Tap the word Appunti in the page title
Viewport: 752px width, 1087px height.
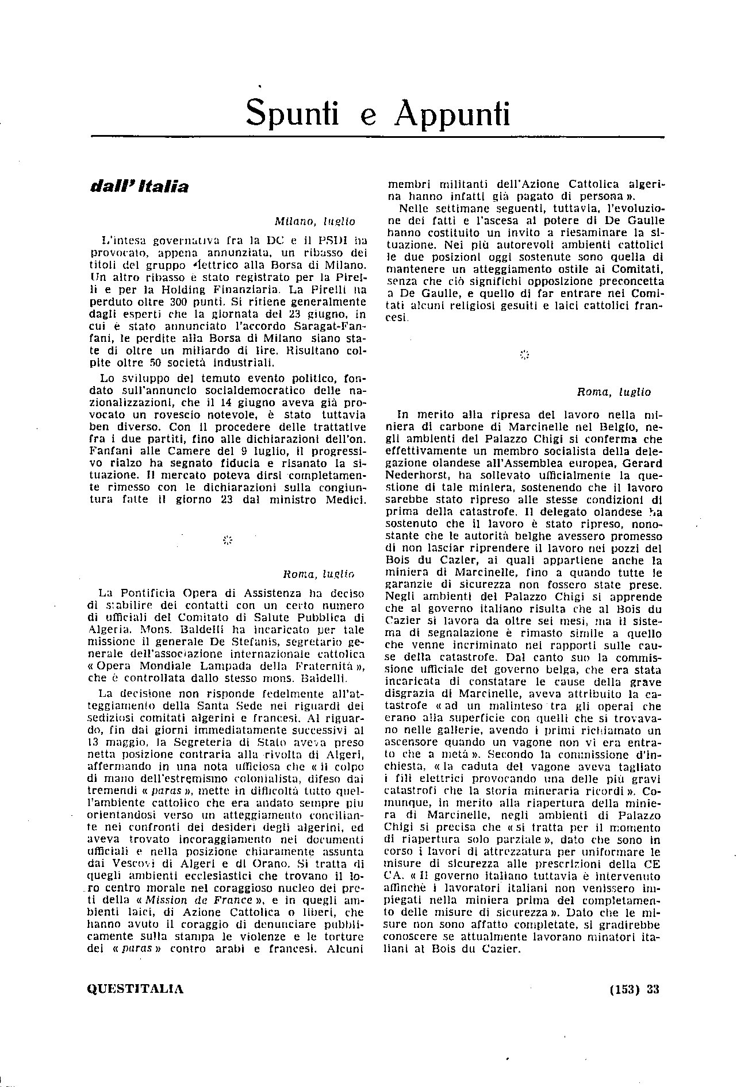point(452,113)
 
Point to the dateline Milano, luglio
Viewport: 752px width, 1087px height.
point(314,221)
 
